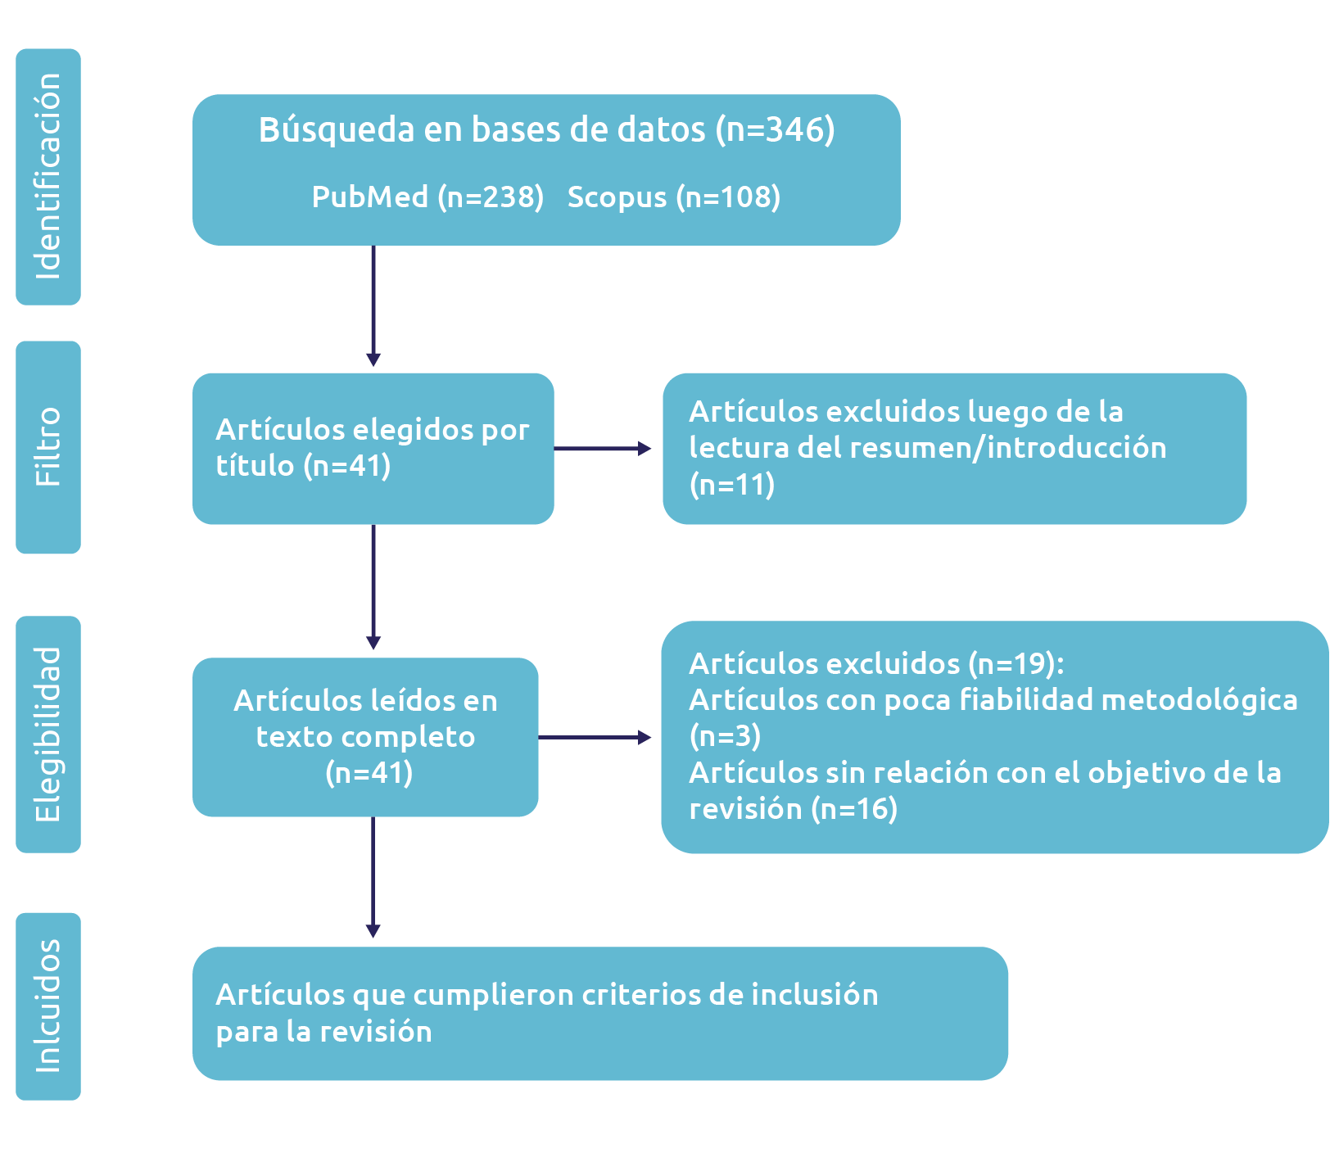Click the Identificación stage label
[48, 177]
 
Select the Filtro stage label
[48, 447]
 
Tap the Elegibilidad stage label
[48, 735]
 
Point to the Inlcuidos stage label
[48, 1006]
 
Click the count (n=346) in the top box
[775, 130]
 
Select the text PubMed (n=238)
[427, 197]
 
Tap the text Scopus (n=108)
[673, 197]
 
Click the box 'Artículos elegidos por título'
[373, 448]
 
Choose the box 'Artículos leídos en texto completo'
[365, 737]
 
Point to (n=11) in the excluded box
[731, 485]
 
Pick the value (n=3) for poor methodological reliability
[725, 736]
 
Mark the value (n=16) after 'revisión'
[854, 809]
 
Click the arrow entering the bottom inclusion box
[373, 876]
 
